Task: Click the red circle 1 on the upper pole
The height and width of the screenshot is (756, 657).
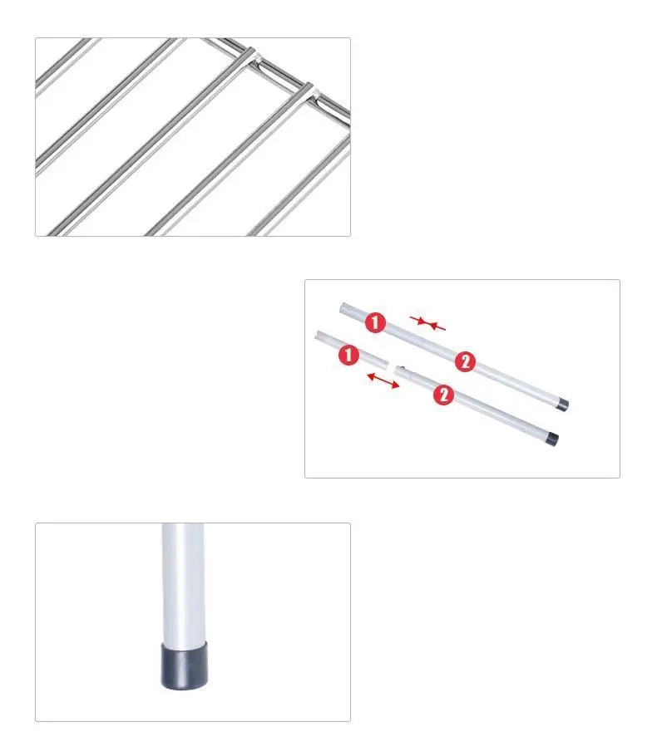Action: coord(375,322)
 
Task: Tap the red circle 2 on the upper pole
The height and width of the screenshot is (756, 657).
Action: coord(466,361)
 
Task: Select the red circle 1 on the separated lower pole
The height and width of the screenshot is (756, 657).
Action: coord(348,355)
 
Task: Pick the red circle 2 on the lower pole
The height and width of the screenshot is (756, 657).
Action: coord(443,395)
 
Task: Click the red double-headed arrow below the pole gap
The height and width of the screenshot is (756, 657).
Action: coord(383,380)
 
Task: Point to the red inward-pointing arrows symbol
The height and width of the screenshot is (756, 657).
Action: coord(427,323)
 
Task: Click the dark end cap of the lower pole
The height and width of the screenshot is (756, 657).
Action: coord(551,439)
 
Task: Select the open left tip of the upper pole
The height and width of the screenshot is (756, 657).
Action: coord(342,307)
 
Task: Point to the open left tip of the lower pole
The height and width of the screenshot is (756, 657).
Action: coord(318,335)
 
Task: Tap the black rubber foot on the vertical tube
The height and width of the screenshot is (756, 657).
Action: coord(184,665)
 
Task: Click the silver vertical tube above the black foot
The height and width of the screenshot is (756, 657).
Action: coord(184,584)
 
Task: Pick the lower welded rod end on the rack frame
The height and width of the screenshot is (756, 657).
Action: coord(309,90)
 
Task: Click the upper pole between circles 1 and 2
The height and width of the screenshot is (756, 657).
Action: coord(420,341)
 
